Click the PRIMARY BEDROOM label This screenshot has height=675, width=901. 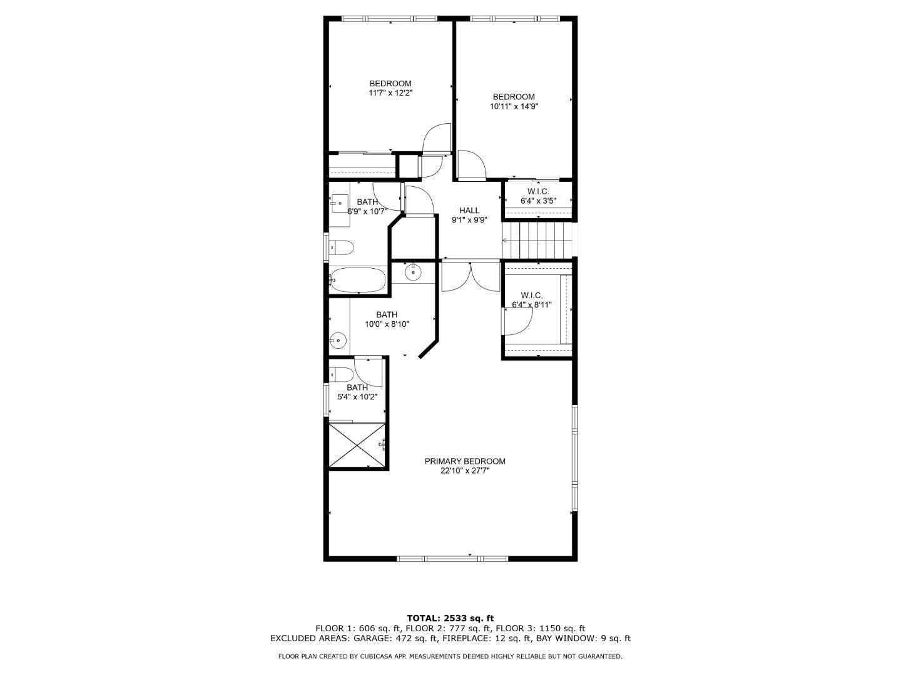465,461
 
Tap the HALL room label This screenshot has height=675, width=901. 469,210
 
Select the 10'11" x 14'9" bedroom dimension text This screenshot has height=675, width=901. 514,106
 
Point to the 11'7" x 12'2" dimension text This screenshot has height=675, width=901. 390,93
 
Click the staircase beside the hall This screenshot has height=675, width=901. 537,241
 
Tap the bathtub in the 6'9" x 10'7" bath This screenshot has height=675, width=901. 357,279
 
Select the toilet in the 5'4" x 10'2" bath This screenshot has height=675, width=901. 341,374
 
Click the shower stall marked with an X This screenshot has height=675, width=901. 357,445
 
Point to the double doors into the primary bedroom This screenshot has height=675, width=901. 471,277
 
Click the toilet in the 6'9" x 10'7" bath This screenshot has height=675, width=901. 342,247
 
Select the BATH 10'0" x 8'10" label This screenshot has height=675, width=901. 387,319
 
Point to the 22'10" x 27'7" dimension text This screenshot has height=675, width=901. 465,471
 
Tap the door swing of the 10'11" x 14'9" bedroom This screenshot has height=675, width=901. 472,165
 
